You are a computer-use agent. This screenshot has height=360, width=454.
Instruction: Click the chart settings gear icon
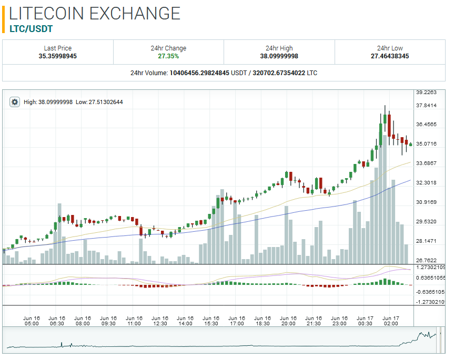pyautogui.click(x=15, y=102)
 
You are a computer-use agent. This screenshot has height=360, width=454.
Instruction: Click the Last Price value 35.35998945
pyautogui.click(x=58, y=56)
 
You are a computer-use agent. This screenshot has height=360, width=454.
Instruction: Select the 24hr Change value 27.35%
pyautogui.click(x=168, y=56)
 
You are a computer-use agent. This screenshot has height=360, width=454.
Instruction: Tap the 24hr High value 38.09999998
pyautogui.click(x=279, y=56)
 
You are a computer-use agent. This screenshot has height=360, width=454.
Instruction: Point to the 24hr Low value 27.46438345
pyautogui.click(x=390, y=56)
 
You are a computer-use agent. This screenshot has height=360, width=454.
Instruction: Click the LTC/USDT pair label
pyautogui.click(x=32, y=29)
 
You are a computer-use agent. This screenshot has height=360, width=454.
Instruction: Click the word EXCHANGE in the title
pyautogui.click(x=135, y=13)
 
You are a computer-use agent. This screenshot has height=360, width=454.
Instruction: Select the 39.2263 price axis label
pyautogui.click(x=426, y=92)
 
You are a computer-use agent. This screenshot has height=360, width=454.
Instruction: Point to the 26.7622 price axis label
pyautogui.click(x=426, y=260)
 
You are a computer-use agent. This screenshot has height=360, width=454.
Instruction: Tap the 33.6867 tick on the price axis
pyautogui.click(x=426, y=163)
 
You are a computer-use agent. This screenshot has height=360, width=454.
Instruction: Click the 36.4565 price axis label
pyautogui.click(x=426, y=125)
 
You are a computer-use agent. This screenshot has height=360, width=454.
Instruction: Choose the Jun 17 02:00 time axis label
pyautogui.click(x=391, y=321)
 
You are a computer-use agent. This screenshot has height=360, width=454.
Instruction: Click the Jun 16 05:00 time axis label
pyautogui.click(x=32, y=321)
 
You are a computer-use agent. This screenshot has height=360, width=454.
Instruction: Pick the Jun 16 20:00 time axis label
pyautogui.click(x=288, y=321)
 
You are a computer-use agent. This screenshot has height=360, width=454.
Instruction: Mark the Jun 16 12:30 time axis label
pyautogui.click(x=159, y=321)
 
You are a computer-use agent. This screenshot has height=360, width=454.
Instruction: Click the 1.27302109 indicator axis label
pyautogui.click(x=430, y=268)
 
